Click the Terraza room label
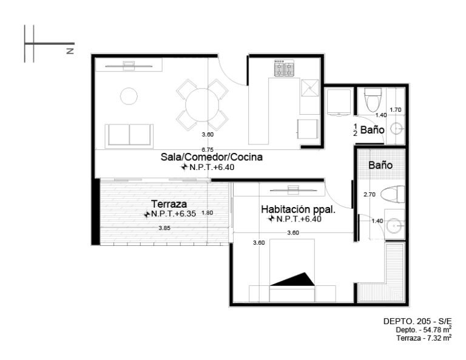click(x=169, y=204)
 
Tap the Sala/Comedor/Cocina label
click(x=212, y=157)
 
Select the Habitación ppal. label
click(x=298, y=209)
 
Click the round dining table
click(x=202, y=104)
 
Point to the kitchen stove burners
click(x=284, y=68)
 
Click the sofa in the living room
click(x=129, y=135)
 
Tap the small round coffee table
click(x=129, y=96)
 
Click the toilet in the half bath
click(x=373, y=100)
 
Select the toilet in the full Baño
click(x=393, y=194)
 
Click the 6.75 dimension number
click(x=208, y=149)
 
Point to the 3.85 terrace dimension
click(x=164, y=228)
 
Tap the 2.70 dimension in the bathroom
click(x=370, y=194)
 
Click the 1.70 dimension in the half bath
click(x=396, y=110)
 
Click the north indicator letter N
click(x=70, y=51)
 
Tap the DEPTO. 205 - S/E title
click(x=417, y=321)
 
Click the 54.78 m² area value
click(x=436, y=330)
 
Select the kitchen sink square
click(x=310, y=88)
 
